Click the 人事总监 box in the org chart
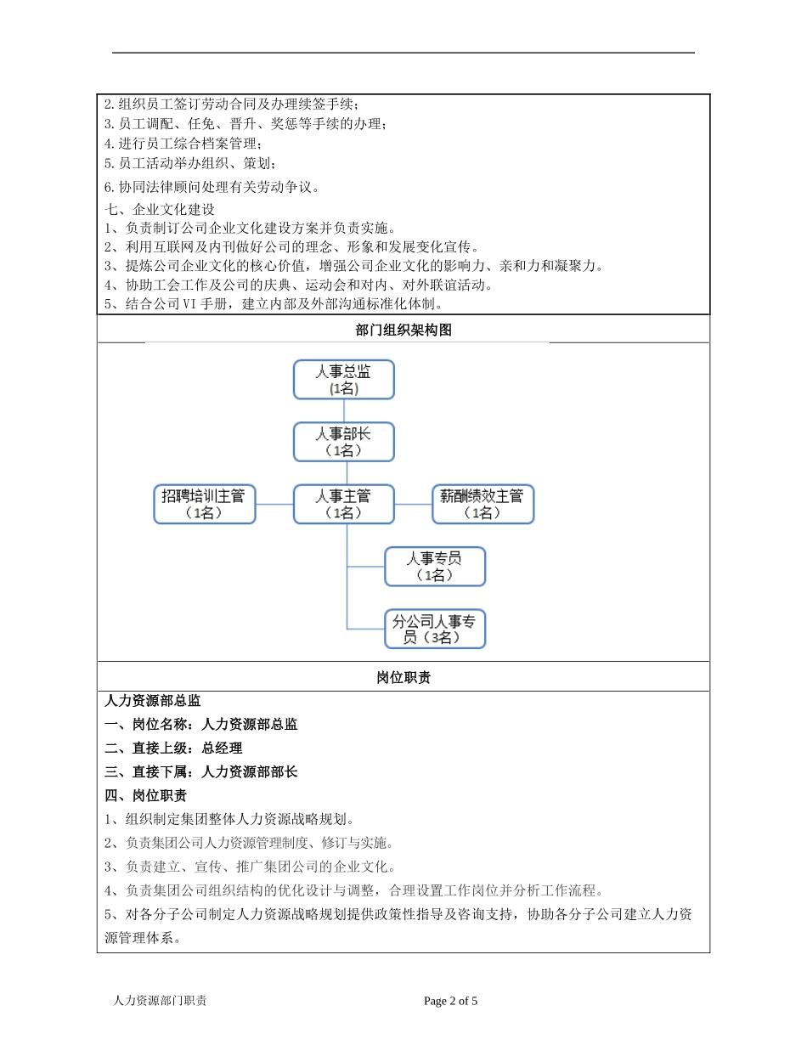343,379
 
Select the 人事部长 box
343,442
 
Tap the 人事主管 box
343,504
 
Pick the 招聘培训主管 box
204,504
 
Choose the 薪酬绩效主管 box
483,504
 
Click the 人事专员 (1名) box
435,567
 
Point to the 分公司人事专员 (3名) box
435,629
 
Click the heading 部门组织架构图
403,330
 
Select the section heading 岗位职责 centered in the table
403,677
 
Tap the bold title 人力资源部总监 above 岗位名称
153,701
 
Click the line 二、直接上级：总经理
173,748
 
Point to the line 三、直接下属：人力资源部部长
201,772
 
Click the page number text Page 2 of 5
451,1001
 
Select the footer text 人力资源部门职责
160,1001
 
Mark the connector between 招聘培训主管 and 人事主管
274,504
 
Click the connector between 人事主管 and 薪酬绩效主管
414,504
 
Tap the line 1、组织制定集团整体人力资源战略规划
229,820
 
